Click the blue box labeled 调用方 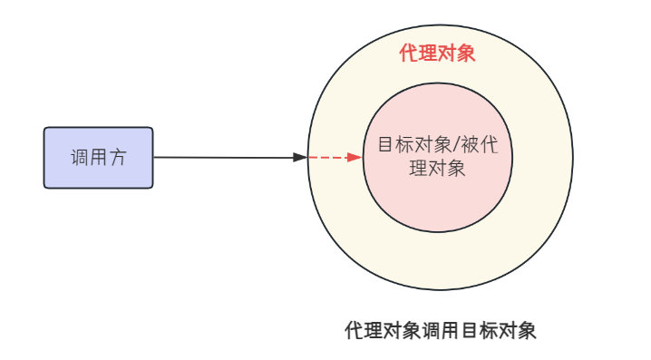click(x=99, y=158)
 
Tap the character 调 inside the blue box click(x=79, y=158)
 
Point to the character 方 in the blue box click(x=118, y=158)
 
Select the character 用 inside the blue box click(x=99, y=158)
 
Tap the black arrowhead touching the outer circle click(x=300, y=158)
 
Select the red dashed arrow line click(x=335, y=158)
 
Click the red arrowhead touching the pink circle click(x=355, y=158)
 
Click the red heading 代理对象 click(x=437, y=54)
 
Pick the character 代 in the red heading click(x=409, y=54)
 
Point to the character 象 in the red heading click(x=466, y=54)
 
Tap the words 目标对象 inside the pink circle click(x=414, y=145)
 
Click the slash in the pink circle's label click(x=456, y=145)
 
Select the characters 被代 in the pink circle click(x=479, y=145)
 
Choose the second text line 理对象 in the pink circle click(x=437, y=169)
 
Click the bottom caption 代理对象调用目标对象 click(x=440, y=331)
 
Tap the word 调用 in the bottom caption click(x=440, y=331)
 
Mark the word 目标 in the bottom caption click(x=479, y=331)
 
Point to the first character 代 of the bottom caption click(x=355, y=331)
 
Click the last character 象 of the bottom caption click(x=527, y=331)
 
